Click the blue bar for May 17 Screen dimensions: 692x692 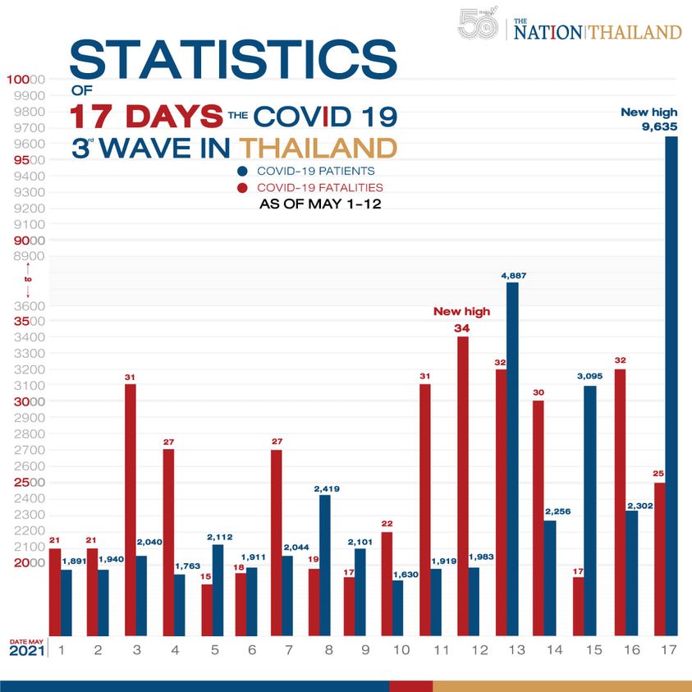[671, 386]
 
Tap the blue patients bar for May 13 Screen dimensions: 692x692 [512, 460]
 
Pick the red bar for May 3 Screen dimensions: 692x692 [131, 509]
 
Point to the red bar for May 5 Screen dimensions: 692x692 [206, 609]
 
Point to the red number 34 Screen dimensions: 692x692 [461, 328]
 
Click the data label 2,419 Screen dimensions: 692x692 [328, 488]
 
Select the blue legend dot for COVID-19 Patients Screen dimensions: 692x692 [243, 172]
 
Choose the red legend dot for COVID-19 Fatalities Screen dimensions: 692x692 [243, 188]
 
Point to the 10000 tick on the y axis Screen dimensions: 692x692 [25, 80]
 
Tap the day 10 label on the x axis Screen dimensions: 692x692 [401, 650]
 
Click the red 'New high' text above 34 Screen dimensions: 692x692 [461, 312]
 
